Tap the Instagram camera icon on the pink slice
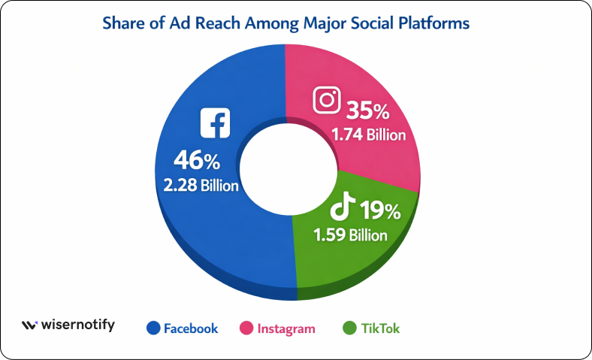327,101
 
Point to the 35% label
368,113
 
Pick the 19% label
381,210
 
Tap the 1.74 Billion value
367,136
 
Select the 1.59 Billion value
350,234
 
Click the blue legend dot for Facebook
153,328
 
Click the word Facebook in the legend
191,328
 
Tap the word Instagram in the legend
286,328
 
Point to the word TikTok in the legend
381,328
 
